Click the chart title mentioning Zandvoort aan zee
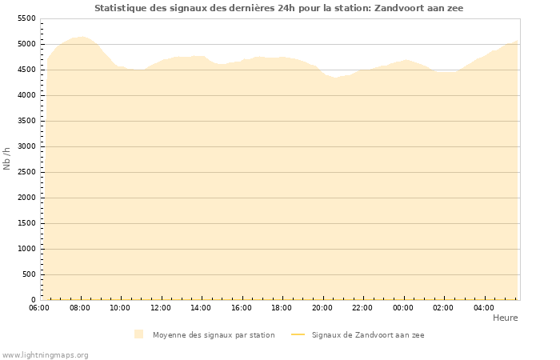(x=278, y=8)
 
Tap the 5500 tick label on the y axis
(x=26, y=18)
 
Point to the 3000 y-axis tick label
(x=26, y=146)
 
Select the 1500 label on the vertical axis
(x=26, y=223)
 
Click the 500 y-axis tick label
(x=29, y=274)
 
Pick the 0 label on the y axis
(x=34, y=300)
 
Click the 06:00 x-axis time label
(x=39, y=307)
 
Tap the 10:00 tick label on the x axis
(x=120, y=307)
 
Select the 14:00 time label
(x=201, y=307)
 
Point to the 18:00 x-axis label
(x=282, y=307)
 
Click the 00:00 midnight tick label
(x=403, y=307)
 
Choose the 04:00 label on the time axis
(x=484, y=307)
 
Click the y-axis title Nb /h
(x=7, y=158)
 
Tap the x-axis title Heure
(x=505, y=318)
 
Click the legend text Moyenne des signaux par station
(x=214, y=335)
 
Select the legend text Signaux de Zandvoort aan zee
(x=368, y=335)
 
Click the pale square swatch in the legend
(x=139, y=334)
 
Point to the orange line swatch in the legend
(x=298, y=335)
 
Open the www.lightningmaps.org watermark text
(x=46, y=354)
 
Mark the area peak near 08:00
(x=82, y=37)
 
